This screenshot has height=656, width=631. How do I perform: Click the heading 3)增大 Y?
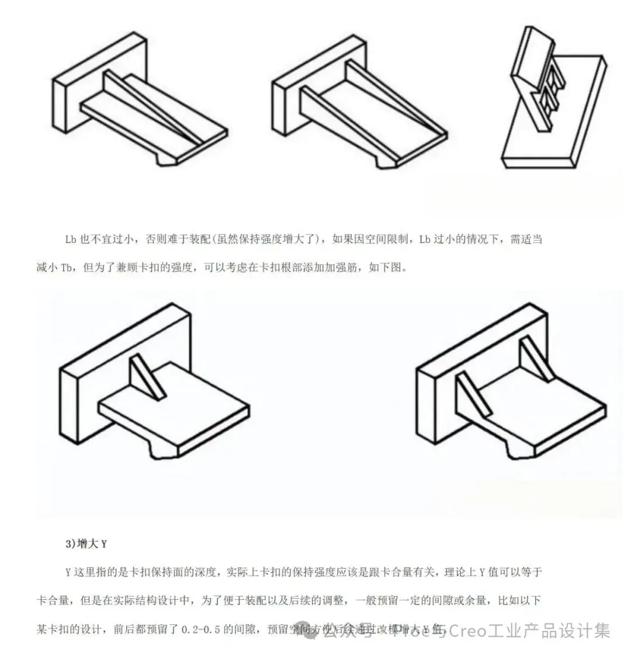[86, 543]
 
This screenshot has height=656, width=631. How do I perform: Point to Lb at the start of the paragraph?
[72, 240]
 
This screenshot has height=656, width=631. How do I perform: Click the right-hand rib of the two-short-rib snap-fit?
[535, 359]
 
